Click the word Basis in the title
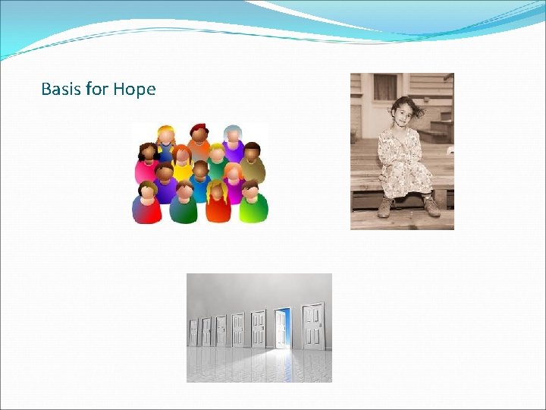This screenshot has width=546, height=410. (61, 90)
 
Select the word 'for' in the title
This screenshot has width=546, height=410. (97, 90)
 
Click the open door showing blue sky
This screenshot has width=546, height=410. (282, 328)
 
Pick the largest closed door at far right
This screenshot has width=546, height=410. (313, 326)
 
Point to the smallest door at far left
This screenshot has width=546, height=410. (193, 332)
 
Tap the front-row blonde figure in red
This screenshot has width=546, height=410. (217, 201)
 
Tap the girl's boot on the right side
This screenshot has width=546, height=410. (431, 207)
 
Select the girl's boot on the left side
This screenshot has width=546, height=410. (384, 207)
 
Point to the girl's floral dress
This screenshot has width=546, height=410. (400, 159)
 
